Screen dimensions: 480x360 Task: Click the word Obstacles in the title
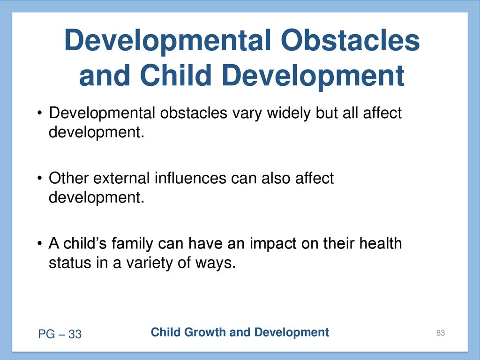coord(350,40)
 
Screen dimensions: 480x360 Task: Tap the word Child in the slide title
coord(176,75)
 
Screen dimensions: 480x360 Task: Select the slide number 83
coord(441,333)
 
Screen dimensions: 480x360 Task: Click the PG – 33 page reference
coord(60,334)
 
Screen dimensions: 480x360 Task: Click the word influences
coord(190,178)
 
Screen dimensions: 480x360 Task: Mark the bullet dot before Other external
coord(39,178)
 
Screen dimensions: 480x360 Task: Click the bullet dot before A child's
coord(39,244)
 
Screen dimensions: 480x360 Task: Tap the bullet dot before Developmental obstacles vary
coord(39,113)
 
